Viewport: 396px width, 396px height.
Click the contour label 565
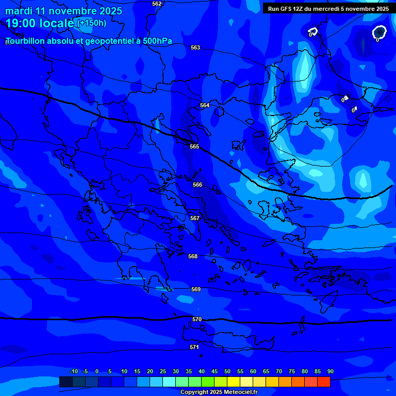[x=194, y=147]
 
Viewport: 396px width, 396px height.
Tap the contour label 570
[x=197, y=320]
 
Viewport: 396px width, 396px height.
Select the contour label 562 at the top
[x=157, y=4]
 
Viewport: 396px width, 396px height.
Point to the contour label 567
[x=195, y=219]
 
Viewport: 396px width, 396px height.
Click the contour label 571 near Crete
[x=194, y=348]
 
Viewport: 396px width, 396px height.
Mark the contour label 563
[x=195, y=48]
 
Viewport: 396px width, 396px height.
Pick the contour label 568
[x=193, y=257]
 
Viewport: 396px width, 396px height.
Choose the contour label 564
[x=205, y=106]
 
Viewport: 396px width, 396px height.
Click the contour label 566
[x=197, y=185]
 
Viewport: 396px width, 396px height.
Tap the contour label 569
[x=196, y=290]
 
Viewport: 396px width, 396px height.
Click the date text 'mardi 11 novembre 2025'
[x=64, y=11]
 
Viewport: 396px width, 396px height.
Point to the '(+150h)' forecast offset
[x=92, y=23]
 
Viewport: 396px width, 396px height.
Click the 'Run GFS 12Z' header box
[x=328, y=9]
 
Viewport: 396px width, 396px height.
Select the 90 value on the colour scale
[x=330, y=372]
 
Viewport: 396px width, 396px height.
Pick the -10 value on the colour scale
[x=73, y=372]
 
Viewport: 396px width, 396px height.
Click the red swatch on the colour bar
[x=323, y=382]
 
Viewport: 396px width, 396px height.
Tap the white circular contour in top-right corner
[x=379, y=32]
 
